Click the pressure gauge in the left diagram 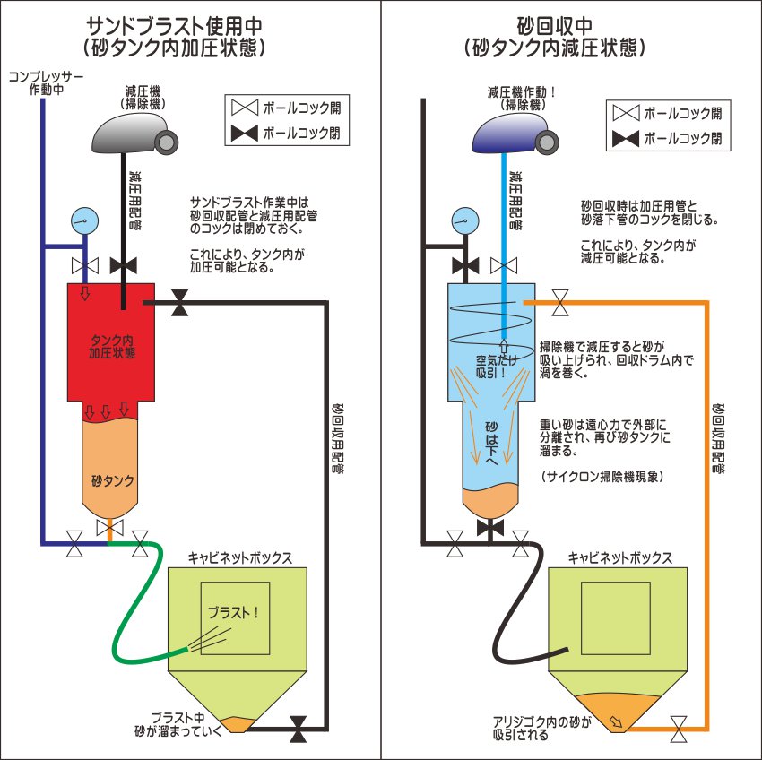click(x=84, y=218)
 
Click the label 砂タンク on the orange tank click(x=113, y=481)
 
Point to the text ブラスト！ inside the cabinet click(x=233, y=613)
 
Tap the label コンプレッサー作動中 click(x=45, y=83)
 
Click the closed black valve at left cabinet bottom click(x=299, y=730)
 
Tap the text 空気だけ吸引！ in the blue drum click(x=491, y=368)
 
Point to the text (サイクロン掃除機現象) click(x=602, y=477)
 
